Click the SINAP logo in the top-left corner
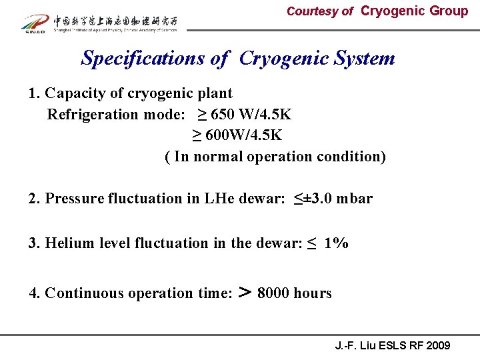point(34,23)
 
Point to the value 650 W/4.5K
point(251,114)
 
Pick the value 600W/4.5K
point(243,135)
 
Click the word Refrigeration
point(93,114)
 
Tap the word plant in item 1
point(215,93)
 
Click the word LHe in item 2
point(191,199)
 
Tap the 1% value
point(336,243)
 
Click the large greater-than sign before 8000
point(245,293)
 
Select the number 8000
point(274,293)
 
